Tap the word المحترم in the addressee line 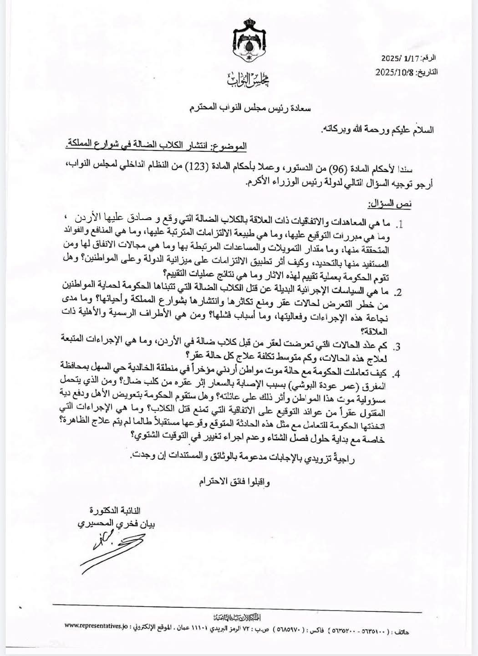coord(203,109)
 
